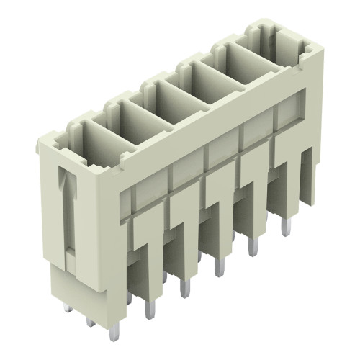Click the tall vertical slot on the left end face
pyautogui.click(x=68, y=216)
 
